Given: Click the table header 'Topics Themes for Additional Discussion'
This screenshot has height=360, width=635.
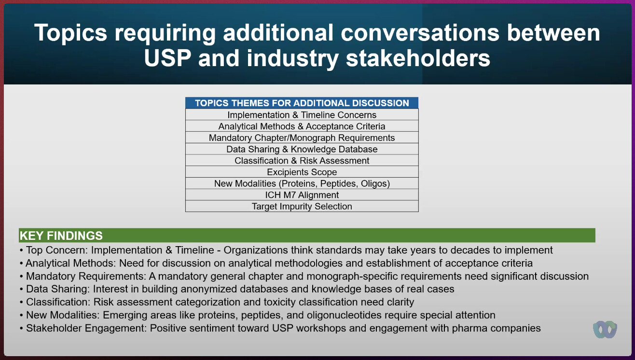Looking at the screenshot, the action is click(x=302, y=103).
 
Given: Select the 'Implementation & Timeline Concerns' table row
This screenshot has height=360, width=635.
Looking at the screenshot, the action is click(x=302, y=115).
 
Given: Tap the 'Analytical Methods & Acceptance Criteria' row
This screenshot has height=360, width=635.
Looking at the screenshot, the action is click(x=302, y=126).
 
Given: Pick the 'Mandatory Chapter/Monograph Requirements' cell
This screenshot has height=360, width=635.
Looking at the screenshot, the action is click(x=302, y=138).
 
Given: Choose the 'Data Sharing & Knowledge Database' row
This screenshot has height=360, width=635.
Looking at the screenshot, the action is click(x=302, y=149).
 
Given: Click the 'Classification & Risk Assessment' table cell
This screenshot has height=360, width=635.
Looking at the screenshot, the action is click(x=302, y=160).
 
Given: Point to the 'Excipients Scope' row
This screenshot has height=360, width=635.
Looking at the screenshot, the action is click(x=302, y=172).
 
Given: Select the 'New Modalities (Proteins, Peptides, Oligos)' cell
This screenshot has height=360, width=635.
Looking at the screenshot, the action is click(x=302, y=183).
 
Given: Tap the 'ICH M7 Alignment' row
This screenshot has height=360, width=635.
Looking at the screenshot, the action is click(x=302, y=195).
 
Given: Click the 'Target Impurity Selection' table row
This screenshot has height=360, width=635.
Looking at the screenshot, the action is click(x=302, y=207).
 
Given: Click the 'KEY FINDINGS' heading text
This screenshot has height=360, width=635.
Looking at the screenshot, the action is click(x=61, y=236).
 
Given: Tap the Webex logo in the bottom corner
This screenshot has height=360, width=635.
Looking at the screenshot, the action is click(x=605, y=330).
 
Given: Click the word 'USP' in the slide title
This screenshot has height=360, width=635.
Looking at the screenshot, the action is click(x=167, y=58).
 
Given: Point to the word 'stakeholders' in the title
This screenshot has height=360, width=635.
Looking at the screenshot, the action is click(x=418, y=58).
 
